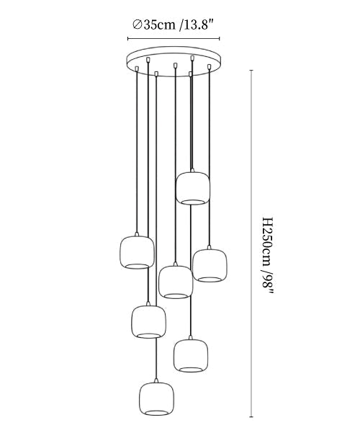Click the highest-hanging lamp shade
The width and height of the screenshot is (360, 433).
tap(193, 188)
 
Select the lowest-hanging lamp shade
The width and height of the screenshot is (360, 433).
tap(156, 398)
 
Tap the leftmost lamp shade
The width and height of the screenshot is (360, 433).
tap(138, 252)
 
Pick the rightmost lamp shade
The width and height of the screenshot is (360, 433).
tap(210, 265)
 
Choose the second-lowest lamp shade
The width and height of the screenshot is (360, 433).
tap(191, 355)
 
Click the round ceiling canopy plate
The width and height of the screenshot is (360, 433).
tap(174, 61)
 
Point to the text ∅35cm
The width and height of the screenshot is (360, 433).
tap(154, 25)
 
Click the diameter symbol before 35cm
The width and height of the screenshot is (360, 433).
tap(137, 25)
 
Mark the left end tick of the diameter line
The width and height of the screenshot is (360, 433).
tap(128, 39)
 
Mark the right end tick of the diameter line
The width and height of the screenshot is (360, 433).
tap(220, 39)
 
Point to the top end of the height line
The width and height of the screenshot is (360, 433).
tap(251, 71)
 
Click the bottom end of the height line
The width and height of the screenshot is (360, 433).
tap(251, 416)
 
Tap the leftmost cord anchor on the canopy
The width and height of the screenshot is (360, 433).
tap(136, 68)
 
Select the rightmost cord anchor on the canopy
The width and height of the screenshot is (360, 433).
tap(209, 66)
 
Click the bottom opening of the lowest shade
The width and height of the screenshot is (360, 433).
tap(156, 413)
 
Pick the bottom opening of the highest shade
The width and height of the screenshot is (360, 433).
tap(193, 202)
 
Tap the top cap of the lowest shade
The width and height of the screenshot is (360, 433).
tap(156, 380)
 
